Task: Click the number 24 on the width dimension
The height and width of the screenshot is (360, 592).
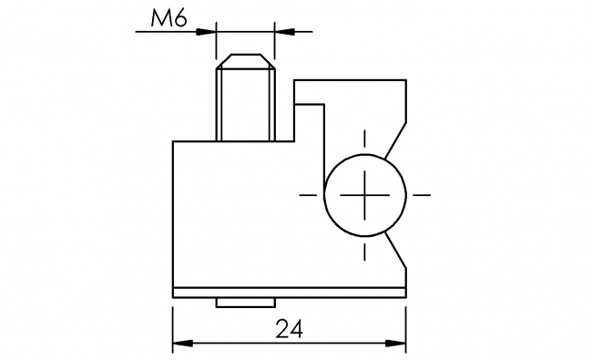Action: tap(290, 328)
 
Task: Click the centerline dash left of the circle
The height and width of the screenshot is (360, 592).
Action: tap(307, 194)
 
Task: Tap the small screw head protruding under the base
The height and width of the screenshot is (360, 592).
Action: tap(244, 303)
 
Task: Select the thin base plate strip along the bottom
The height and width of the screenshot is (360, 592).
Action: tap(290, 293)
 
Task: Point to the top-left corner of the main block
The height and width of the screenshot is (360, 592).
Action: tap(173, 141)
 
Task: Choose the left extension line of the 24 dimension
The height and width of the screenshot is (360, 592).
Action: tap(173, 324)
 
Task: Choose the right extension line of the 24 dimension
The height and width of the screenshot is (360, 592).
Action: tap(406, 324)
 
